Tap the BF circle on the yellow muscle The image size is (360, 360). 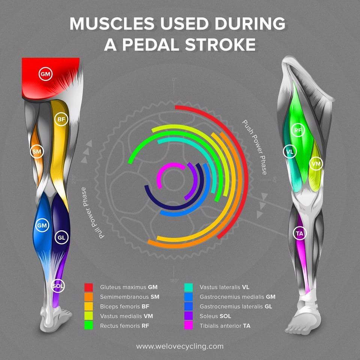(x=61, y=120)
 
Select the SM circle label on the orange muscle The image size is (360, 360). (x=36, y=151)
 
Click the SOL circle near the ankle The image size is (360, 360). (x=58, y=286)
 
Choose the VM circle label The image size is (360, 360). (x=316, y=163)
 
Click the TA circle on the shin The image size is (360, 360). (x=300, y=234)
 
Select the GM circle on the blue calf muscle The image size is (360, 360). (x=41, y=226)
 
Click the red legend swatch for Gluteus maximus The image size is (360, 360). (x=88, y=287)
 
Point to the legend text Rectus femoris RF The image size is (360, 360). (x=124, y=325)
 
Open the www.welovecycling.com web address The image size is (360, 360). (x=180, y=346)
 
